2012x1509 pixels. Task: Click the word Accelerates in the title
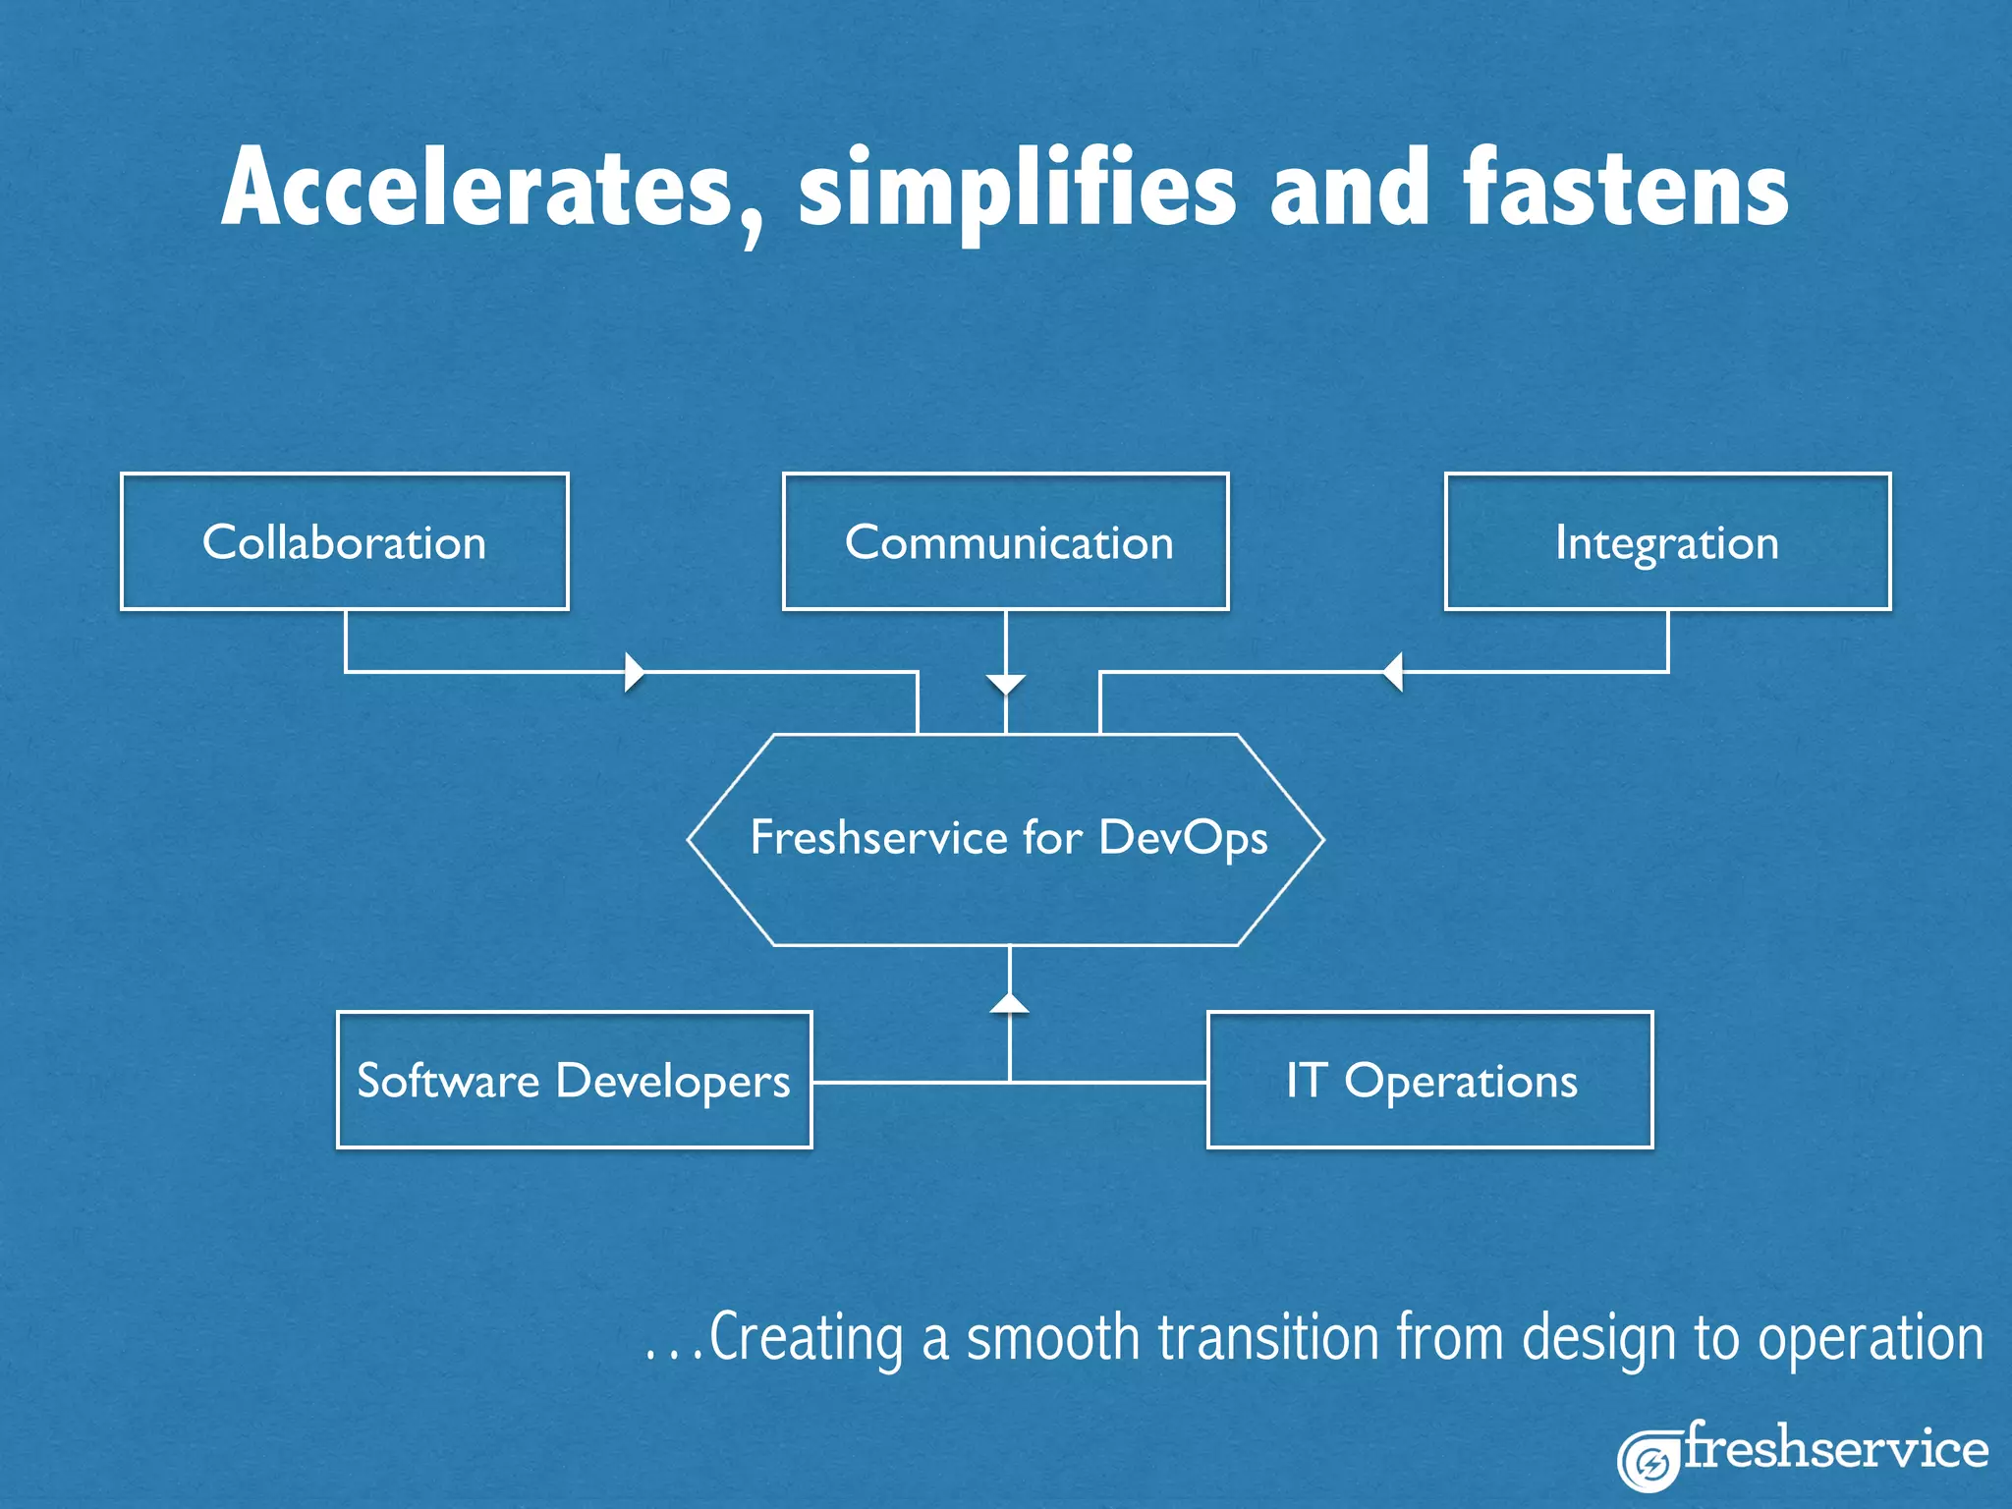pos(476,189)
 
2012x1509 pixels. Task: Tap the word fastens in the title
pos(1626,189)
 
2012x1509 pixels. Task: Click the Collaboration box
pos(344,542)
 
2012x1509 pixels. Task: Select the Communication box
pos(1006,542)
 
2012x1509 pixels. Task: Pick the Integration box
pos(1667,542)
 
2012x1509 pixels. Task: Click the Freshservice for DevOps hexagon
pos(1006,839)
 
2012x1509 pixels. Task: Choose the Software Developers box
pos(574,1080)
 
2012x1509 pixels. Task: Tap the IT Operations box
pos(1430,1080)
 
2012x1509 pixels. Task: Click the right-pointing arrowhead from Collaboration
pos(635,672)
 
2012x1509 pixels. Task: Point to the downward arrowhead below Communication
pos(1006,684)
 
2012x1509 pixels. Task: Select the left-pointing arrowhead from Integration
pos(1393,672)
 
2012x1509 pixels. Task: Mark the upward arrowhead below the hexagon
pos(1010,1003)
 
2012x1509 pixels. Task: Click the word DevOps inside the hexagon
pos(1183,839)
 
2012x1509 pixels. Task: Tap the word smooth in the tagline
pos(1052,1338)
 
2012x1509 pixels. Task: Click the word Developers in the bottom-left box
pos(672,1082)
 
